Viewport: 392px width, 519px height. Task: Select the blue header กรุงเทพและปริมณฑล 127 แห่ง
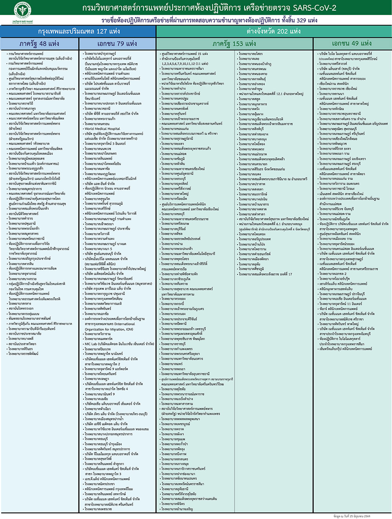click(x=78, y=31)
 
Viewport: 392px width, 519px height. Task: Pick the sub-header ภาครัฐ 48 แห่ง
click(x=39, y=44)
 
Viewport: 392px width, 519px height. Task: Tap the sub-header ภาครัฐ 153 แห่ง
click(x=234, y=44)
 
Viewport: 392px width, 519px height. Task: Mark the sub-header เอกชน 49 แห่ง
click(x=352, y=44)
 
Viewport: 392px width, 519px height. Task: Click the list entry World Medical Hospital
click(x=103, y=129)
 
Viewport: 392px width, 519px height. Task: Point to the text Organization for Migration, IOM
click(x=109, y=329)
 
